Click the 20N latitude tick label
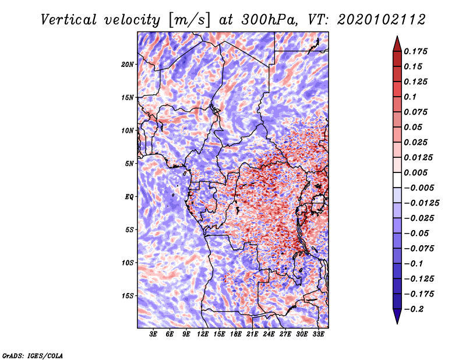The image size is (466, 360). (127, 64)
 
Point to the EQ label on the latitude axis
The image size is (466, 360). (129, 197)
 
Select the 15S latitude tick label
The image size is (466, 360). (128, 296)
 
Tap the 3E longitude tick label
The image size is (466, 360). (153, 334)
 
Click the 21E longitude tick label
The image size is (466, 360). (252, 334)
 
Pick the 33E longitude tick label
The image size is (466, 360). (318, 334)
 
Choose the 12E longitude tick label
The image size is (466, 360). (202, 334)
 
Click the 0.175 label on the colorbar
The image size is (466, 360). (415, 51)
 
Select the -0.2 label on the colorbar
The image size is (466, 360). (414, 309)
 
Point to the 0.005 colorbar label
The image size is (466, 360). (415, 172)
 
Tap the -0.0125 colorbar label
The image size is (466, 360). (421, 203)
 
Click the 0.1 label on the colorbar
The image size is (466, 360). (410, 97)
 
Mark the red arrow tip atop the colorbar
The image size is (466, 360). (397, 37)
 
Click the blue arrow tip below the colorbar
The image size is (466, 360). (397, 323)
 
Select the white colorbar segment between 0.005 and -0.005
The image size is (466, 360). (397, 180)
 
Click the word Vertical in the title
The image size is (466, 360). (69, 20)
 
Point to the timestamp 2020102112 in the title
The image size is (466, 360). (382, 20)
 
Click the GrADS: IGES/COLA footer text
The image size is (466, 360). (33, 355)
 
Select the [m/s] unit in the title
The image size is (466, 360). (189, 20)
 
